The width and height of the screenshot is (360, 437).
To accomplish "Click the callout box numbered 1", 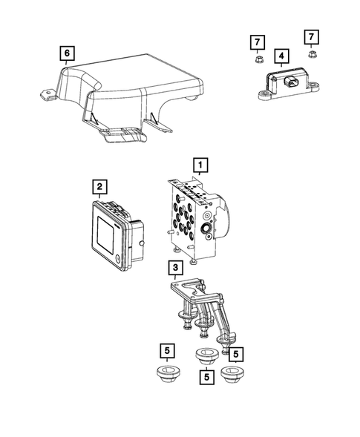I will [x=200, y=164].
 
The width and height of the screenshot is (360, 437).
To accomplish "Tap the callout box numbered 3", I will [x=174, y=269].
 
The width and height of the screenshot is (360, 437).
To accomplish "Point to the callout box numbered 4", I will [x=281, y=56].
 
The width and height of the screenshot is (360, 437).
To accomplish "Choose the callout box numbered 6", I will [x=68, y=53].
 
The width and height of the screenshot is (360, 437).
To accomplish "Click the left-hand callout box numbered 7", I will [x=255, y=40].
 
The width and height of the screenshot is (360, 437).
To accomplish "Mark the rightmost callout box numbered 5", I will [x=236, y=354].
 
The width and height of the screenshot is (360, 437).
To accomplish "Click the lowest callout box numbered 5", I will [x=205, y=377].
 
